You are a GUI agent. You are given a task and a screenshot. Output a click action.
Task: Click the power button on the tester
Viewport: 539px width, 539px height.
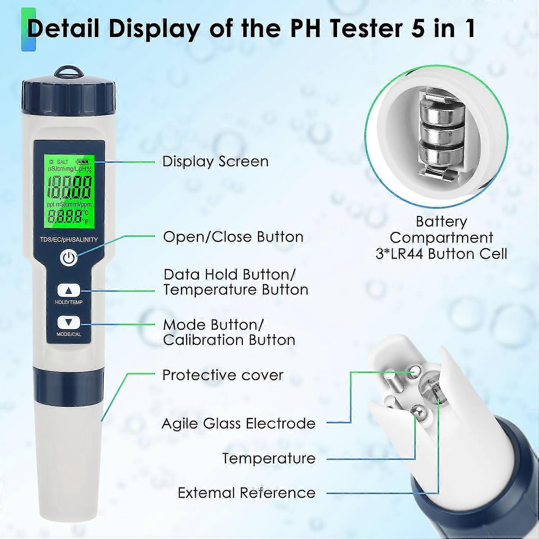[x=69, y=258]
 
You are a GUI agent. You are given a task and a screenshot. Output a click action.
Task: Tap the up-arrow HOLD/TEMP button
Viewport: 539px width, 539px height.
[x=69, y=290]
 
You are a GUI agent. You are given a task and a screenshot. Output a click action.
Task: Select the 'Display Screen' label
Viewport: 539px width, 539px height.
[x=215, y=161]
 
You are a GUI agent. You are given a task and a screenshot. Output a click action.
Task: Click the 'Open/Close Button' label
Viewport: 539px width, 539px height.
[x=233, y=237]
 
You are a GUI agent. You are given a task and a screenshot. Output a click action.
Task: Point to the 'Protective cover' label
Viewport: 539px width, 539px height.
[x=223, y=375]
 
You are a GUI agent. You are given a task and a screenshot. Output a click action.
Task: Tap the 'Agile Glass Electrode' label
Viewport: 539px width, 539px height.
[x=239, y=423]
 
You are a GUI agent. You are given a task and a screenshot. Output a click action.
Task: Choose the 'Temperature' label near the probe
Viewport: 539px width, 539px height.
[x=269, y=458]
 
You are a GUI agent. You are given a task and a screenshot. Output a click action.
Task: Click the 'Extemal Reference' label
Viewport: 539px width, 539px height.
[x=247, y=493]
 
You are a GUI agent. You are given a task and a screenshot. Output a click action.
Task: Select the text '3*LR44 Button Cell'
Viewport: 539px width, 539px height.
[x=441, y=254]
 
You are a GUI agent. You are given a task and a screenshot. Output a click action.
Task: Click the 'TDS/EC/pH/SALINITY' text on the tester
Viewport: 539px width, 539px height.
[x=69, y=239]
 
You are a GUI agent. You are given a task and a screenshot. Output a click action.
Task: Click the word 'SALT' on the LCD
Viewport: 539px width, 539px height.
[x=62, y=162]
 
